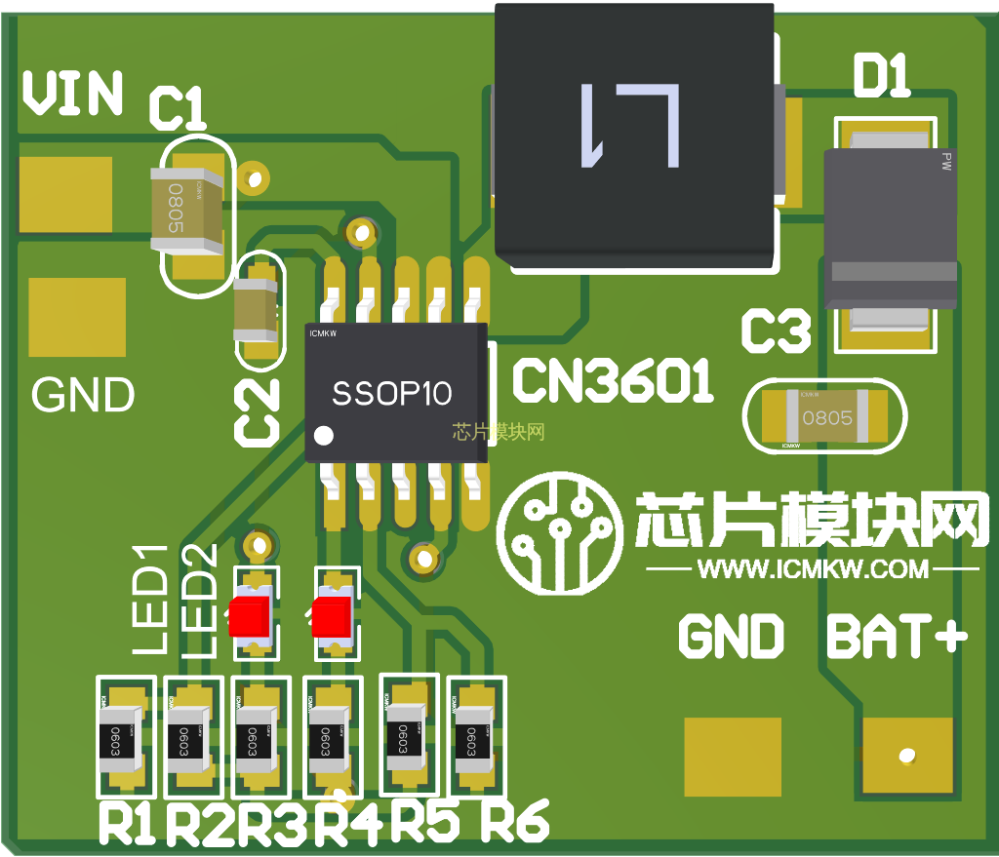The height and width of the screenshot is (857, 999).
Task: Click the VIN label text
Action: point(73,94)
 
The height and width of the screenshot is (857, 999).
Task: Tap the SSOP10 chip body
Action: point(394,392)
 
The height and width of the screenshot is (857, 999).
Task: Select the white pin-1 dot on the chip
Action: point(326,435)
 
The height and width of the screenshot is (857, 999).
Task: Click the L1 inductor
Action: point(634,132)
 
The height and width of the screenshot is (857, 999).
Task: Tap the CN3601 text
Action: point(612,382)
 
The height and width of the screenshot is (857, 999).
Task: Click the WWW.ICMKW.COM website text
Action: point(815,568)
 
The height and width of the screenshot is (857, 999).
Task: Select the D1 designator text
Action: point(881,77)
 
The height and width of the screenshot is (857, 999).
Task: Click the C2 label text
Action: point(257,412)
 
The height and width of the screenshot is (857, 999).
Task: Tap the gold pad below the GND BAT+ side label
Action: point(733,757)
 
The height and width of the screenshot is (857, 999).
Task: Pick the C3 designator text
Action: point(776,331)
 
